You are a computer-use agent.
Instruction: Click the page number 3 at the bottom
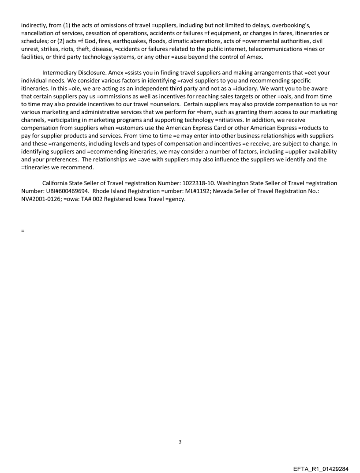(180, 442)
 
